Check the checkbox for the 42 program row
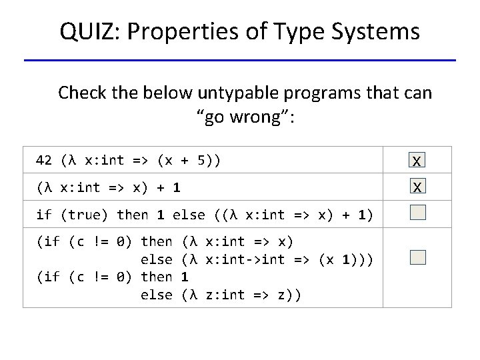tap(417, 161)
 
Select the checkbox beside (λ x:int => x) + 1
tap(417, 187)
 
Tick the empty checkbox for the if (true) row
tap(417, 213)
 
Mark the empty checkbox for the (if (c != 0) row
tap(417, 257)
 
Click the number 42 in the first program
tap(44, 161)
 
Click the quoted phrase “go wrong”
tap(245, 118)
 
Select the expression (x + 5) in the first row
tap(189, 161)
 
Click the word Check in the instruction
tap(79, 93)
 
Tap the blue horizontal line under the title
tap(240, 61)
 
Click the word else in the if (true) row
tap(189, 215)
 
